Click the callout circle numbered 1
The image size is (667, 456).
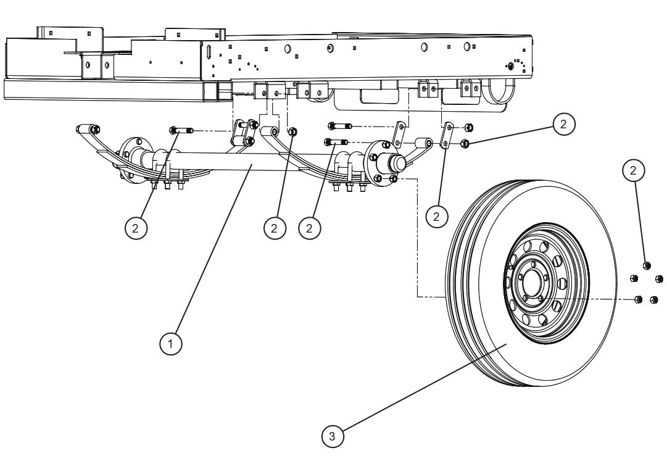click(171, 344)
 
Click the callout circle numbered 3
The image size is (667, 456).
click(332, 436)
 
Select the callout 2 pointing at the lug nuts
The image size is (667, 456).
click(634, 170)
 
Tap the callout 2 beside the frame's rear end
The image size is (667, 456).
click(563, 125)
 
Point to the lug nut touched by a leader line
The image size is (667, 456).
click(647, 265)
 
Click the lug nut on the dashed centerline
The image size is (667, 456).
click(639, 299)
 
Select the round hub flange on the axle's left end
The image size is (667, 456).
click(128, 159)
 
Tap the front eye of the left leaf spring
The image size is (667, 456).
click(84, 129)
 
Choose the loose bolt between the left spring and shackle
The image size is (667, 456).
click(181, 130)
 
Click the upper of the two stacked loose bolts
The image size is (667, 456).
click(341, 126)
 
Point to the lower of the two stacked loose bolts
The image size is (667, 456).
click(337, 143)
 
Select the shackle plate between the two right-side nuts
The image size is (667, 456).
click(447, 135)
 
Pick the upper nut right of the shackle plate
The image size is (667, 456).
click(468, 128)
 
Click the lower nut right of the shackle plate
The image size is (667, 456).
click(465, 144)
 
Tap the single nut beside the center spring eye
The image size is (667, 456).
click(293, 131)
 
